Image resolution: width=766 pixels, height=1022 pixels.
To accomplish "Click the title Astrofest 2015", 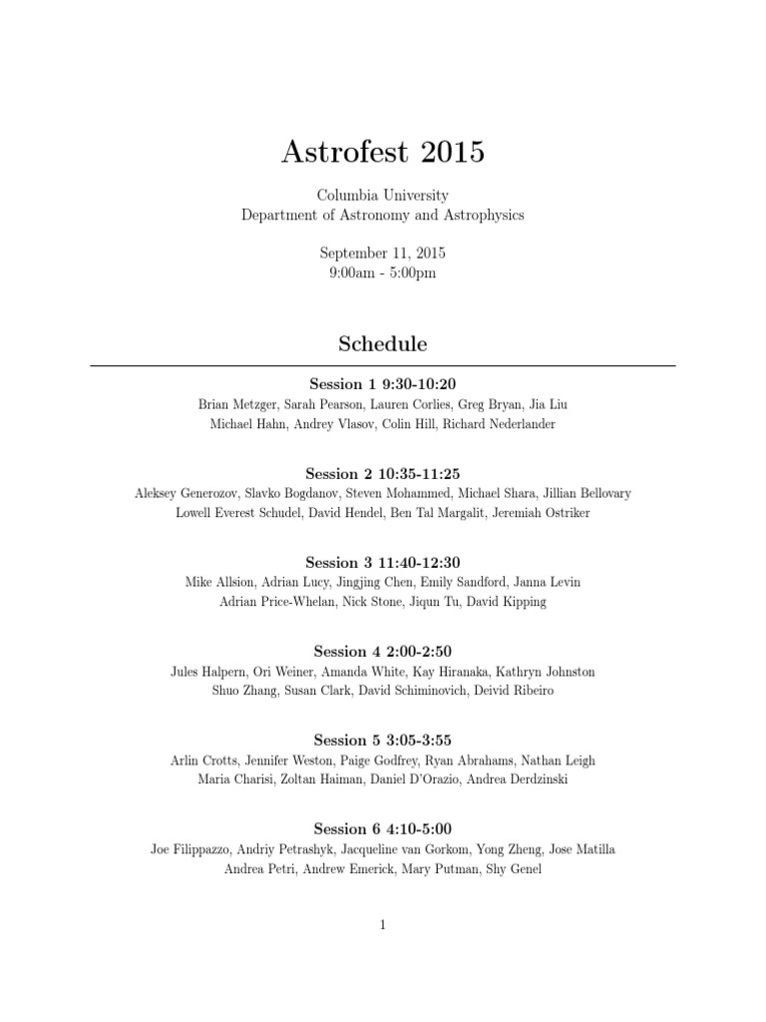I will (x=383, y=152).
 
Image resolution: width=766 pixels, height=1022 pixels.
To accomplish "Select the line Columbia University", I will (x=383, y=196).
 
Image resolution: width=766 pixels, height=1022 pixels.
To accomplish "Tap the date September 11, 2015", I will (x=383, y=253).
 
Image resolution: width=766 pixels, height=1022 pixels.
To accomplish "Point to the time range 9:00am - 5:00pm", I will (x=383, y=271).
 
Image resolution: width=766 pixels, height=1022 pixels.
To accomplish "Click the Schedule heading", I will (x=383, y=343).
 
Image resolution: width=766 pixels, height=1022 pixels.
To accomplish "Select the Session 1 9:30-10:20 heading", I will (x=383, y=384).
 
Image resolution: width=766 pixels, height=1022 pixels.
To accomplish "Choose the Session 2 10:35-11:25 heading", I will (x=383, y=473).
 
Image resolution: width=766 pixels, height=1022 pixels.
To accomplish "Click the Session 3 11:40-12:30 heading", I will (x=383, y=562).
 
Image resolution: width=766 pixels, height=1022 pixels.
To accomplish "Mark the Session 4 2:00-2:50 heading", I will (x=383, y=651).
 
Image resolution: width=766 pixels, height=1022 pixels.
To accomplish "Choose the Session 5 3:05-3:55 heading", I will (x=383, y=740).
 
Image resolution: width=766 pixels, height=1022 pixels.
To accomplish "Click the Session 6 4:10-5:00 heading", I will (x=383, y=828).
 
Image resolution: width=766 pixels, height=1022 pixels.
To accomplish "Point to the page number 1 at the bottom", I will (x=383, y=925).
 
